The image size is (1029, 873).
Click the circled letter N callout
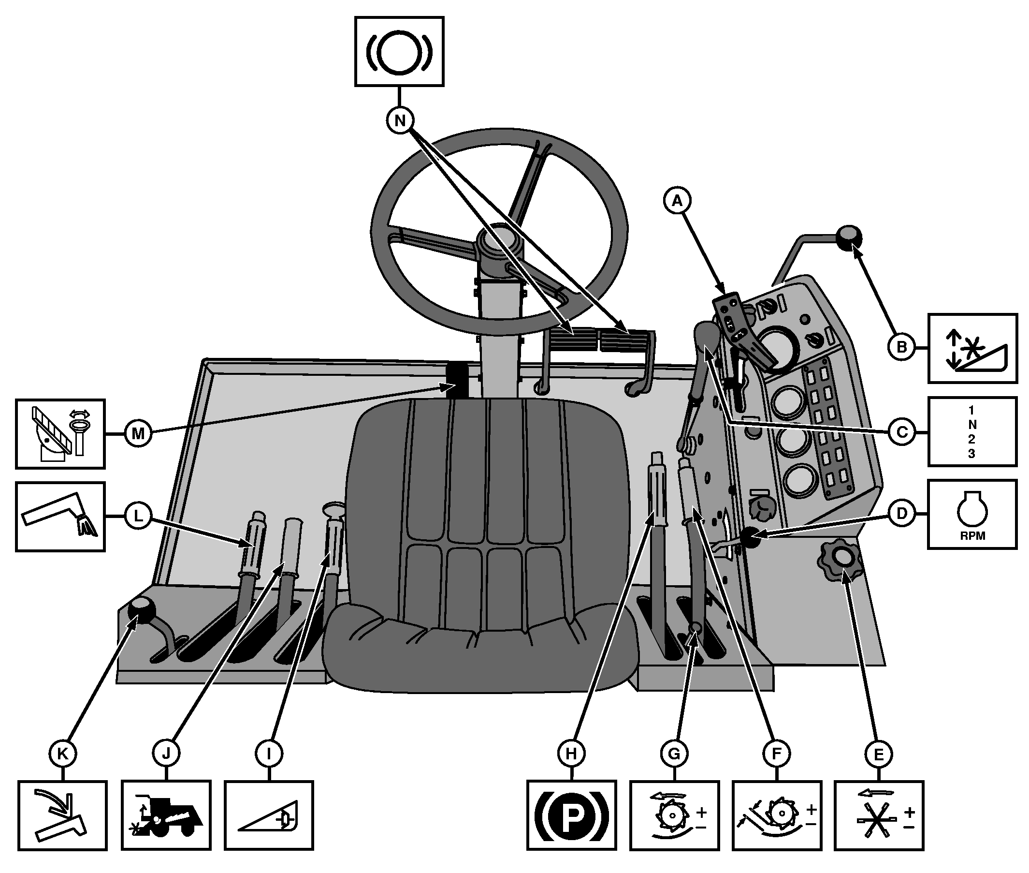pyautogui.click(x=400, y=120)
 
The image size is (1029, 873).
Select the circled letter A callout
pyautogui.click(x=677, y=200)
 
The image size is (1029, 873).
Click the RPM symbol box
pyautogui.click(x=971, y=514)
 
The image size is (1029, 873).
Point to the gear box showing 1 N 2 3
pyautogui.click(x=971, y=431)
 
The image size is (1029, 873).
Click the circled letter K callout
pyautogui.click(x=63, y=754)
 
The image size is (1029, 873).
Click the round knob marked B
pyautogui.click(x=849, y=237)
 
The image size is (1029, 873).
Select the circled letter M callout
pyautogui.click(x=138, y=433)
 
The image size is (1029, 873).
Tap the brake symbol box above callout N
pyautogui.click(x=399, y=51)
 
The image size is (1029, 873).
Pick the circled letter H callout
pyautogui.click(x=571, y=754)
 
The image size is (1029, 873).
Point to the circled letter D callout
pyautogui.click(x=902, y=514)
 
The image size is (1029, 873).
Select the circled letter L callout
pyautogui.click(x=138, y=516)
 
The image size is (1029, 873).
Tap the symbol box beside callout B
pyautogui.click(x=972, y=348)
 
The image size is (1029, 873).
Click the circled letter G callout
pyautogui.click(x=674, y=754)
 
